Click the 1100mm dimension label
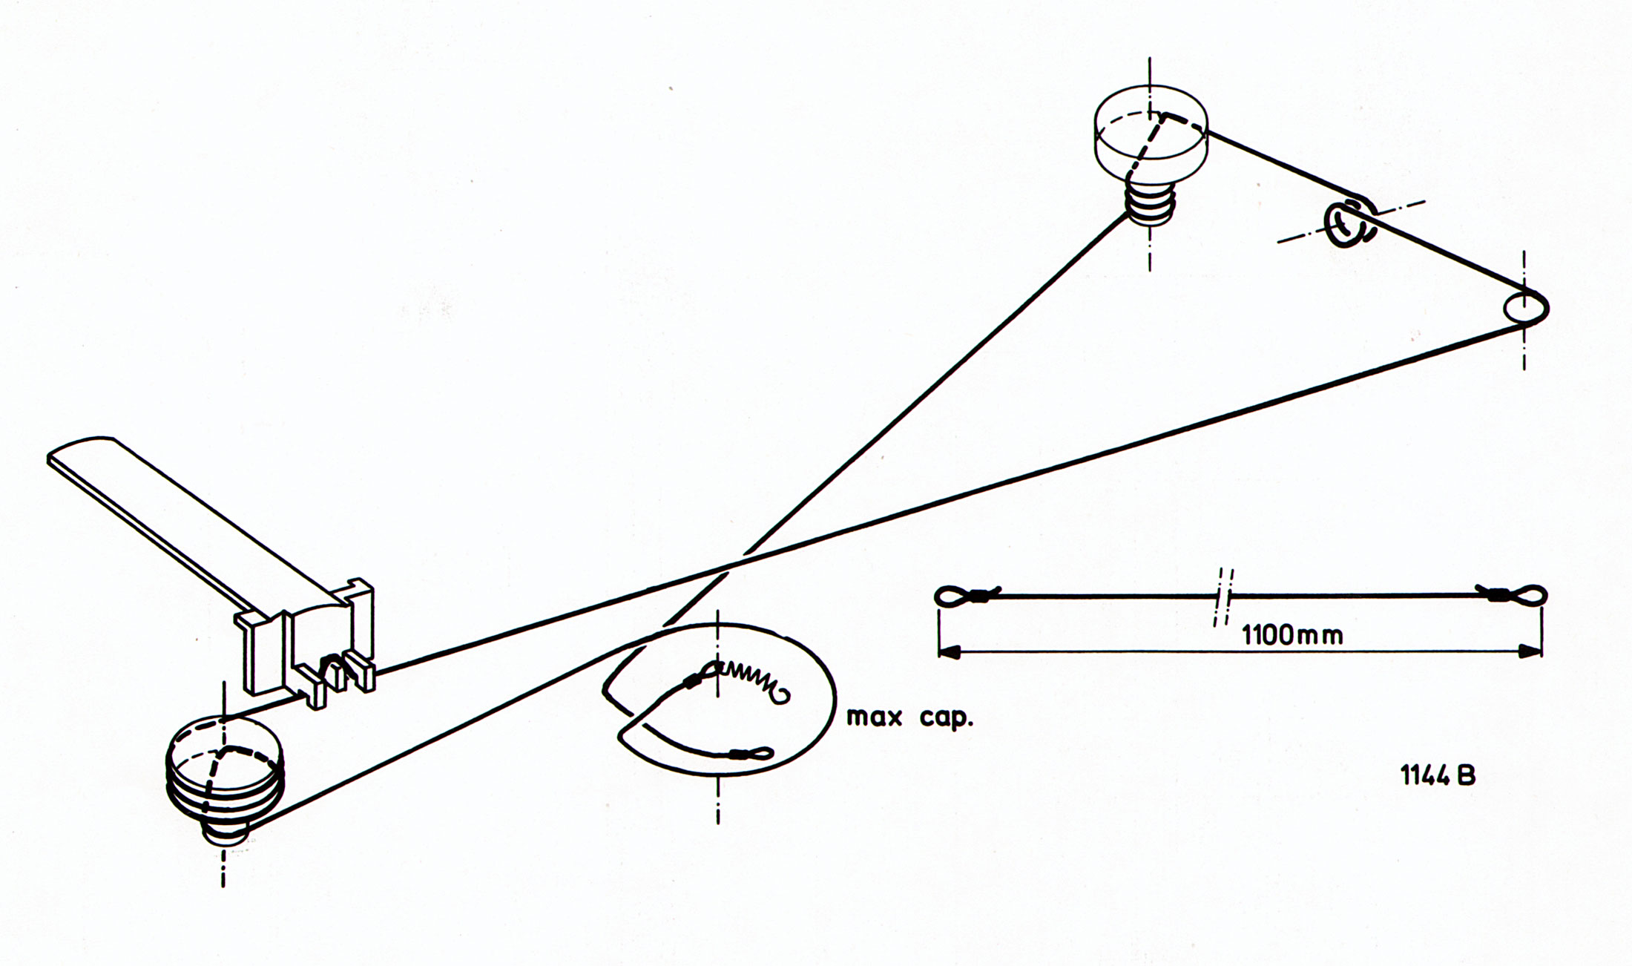tap(1292, 635)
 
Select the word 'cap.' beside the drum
tap(944, 718)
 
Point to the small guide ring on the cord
tap(1347, 226)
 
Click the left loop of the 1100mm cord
tap(957, 595)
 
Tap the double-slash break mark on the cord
tap(1223, 596)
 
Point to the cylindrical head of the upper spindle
tap(1151, 137)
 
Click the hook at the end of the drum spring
tap(783, 695)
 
